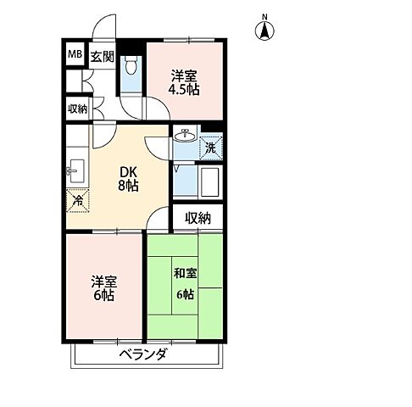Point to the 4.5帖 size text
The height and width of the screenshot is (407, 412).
click(x=183, y=88)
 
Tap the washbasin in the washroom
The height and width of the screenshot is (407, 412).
click(x=184, y=137)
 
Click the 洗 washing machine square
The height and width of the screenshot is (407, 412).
click(x=209, y=148)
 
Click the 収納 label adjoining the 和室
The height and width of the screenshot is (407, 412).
click(x=198, y=218)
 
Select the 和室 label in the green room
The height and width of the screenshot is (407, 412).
click(x=185, y=274)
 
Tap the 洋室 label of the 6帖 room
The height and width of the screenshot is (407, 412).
click(x=103, y=280)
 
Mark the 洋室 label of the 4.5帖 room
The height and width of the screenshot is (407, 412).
click(x=183, y=74)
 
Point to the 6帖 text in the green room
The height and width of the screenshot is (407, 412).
click(x=185, y=293)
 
